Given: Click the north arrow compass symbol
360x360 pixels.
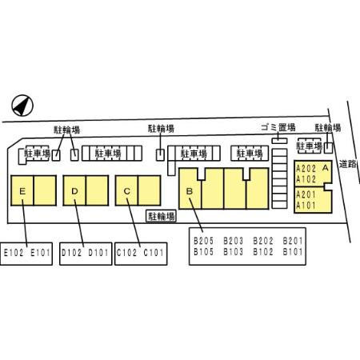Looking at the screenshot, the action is coord(22,106).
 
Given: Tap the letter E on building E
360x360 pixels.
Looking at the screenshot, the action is coord(22,191).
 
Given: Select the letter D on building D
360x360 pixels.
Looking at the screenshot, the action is coord(74,191).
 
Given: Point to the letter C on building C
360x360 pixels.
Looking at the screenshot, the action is coord(127,191).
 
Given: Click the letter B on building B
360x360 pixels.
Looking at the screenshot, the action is coord(190,191).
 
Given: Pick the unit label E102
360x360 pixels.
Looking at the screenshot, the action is coord(14,253).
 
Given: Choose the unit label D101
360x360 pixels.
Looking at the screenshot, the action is coord(98,253).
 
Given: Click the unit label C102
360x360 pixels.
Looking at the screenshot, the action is coord(126,253).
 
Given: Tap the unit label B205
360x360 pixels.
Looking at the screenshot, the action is coord(203,241).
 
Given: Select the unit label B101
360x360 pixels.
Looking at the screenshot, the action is coord(293,252).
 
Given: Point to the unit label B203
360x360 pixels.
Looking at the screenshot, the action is coord(234,241).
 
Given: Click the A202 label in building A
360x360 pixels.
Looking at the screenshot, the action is coord(306,169).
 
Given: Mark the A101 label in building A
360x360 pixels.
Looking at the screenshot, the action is coord(306,206).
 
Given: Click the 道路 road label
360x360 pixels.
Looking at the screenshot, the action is coord(348,164).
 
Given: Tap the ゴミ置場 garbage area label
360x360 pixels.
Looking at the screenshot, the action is coord(278,127).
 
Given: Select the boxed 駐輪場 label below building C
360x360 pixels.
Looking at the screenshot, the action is coord(162,216).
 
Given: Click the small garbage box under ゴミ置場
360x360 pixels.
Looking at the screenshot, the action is coord(279,141).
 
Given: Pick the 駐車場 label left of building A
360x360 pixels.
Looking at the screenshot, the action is coord(310,146).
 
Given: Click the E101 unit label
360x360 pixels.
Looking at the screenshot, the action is coord(40,253).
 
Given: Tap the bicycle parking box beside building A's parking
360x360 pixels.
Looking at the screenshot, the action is coord(329,148).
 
